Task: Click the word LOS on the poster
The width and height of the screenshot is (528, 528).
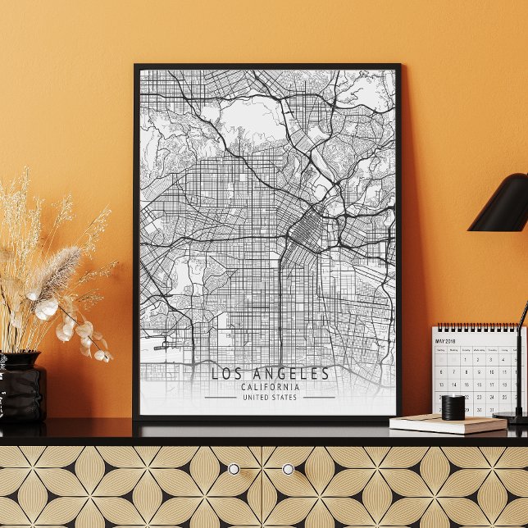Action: coord(226,374)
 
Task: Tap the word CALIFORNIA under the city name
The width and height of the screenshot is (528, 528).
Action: coord(270,388)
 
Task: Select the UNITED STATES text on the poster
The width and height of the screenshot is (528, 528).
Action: coord(270,398)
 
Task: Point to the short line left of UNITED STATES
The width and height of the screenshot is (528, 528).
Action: coord(220,398)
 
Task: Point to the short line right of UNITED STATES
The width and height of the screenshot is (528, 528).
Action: coord(319,398)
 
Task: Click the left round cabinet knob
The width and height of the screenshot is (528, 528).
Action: coord(234,469)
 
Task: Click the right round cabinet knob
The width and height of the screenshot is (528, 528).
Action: coord(288,469)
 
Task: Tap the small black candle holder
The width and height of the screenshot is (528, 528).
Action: coord(453,407)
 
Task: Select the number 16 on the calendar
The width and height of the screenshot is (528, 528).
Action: coord(478,384)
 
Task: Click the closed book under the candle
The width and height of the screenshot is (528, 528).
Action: coord(448,425)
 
